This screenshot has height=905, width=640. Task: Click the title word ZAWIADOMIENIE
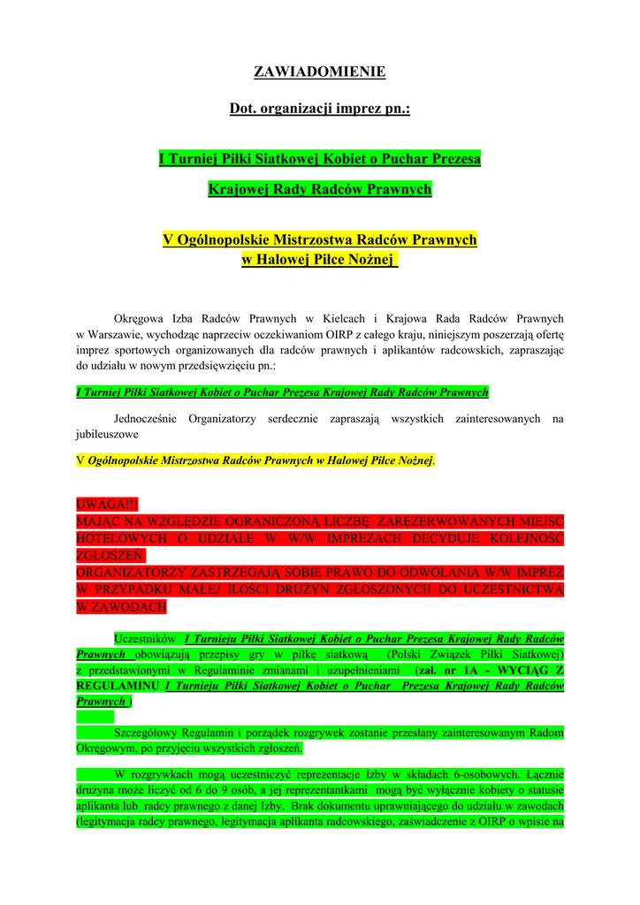(x=319, y=72)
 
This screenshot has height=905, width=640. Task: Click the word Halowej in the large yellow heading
(x=286, y=259)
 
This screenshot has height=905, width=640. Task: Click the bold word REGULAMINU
(x=118, y=686)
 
